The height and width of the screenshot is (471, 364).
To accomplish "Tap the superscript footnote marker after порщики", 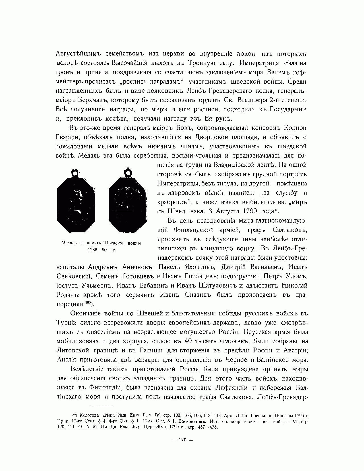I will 88,303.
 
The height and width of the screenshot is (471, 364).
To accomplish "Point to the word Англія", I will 67,360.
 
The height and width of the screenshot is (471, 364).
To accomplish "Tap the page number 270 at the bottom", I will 182,440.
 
